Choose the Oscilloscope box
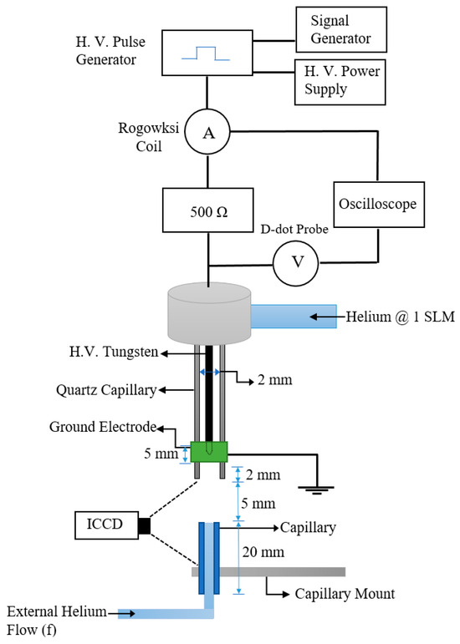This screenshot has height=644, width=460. (377, 204)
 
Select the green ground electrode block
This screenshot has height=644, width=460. (209, 451)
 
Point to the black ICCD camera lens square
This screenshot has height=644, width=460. (144, 525)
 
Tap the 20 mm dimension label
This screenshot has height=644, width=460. (258, 552)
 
